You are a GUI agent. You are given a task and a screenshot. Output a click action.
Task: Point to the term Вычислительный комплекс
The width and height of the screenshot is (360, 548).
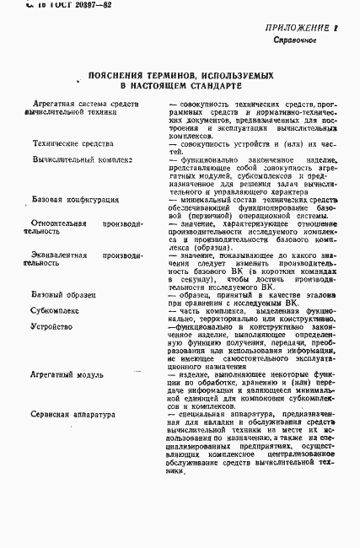coord(82,158)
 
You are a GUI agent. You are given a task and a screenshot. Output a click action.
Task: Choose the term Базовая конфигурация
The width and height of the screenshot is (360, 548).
coord(75,199)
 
